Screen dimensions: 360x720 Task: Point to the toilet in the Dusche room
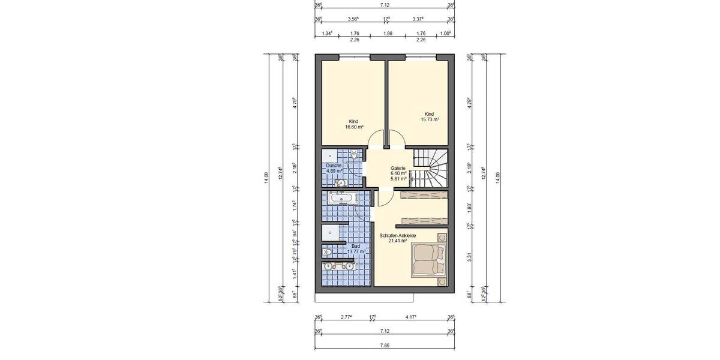point(355,155)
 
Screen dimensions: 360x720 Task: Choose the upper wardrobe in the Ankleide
point(424,196)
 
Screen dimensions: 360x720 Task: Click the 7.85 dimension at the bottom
point(385,344)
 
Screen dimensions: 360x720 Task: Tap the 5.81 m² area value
point(398,179)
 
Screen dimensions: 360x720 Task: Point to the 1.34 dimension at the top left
point(328,34)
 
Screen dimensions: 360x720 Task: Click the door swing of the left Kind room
point(375,140)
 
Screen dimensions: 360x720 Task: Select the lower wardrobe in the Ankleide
point(424,220)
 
